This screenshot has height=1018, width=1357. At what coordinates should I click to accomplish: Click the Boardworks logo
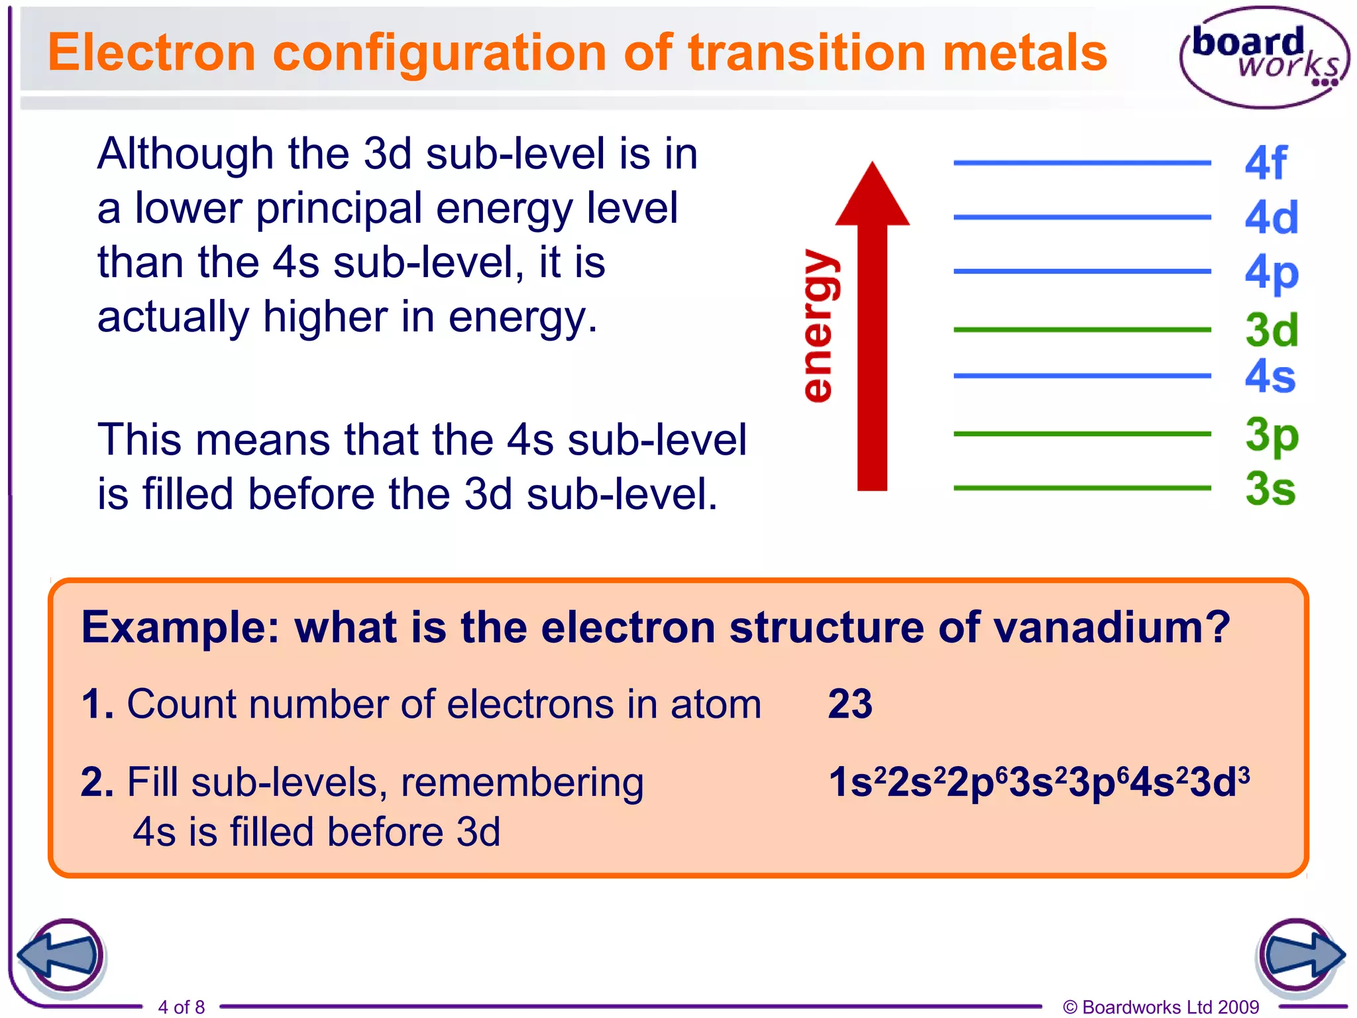coord(1264,57)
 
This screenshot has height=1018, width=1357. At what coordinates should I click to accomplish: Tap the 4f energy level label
coord(1265,163)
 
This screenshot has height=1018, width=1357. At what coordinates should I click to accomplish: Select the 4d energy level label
coord(1271,217)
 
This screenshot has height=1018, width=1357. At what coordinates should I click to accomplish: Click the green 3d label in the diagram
coord(1271,330)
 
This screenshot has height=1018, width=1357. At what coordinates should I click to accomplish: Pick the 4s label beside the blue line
coord(1270,376)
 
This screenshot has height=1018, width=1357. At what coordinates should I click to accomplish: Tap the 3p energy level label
coord(1271,435)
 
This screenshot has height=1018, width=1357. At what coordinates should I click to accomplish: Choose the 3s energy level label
coord(1270,489)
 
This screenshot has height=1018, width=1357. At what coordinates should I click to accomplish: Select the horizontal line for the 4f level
coord(1081,162)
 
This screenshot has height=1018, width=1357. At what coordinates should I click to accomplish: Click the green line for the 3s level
coord(1081,488)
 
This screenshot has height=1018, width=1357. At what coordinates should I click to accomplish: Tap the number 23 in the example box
coord(850,704)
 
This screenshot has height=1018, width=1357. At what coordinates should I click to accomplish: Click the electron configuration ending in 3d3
coord(1038,782)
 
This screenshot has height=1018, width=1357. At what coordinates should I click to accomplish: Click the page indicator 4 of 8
coord(181,1007)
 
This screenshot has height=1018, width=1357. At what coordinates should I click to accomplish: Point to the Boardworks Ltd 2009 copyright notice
coord(1161,1007)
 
